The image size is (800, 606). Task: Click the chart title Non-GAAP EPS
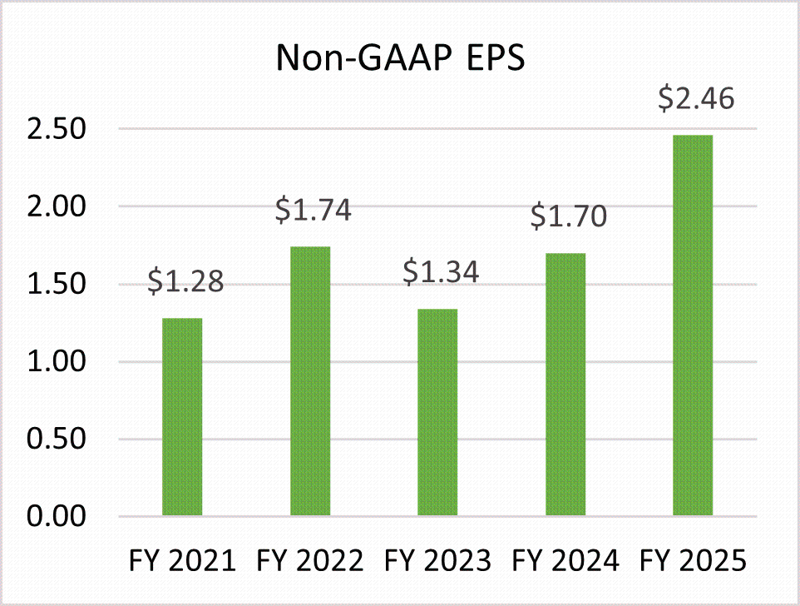point(400,59)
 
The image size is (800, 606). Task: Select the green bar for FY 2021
point(182,416)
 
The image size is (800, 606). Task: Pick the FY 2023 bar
point(437,412)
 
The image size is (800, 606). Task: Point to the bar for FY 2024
point(565,385)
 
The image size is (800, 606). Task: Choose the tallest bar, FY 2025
point(693,325)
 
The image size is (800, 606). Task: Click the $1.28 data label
point(185,282)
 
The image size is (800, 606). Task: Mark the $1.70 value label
point(569,217)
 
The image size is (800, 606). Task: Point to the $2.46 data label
point(696,99)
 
